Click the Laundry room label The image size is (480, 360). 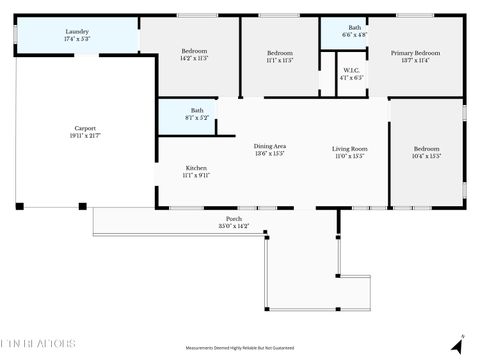tap(77, 32)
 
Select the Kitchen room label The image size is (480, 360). tap(196, 167)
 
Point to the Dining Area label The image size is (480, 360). tap(270, 147)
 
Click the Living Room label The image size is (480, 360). tap(349, 149)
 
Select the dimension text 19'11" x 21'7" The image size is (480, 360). tap(85, 135)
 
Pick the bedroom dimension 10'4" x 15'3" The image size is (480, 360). tap(427, 156)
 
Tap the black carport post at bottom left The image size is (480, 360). tap(19, 207)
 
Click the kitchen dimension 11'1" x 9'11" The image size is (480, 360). tap(196, 175)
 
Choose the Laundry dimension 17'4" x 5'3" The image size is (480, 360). tap(77, 39)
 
